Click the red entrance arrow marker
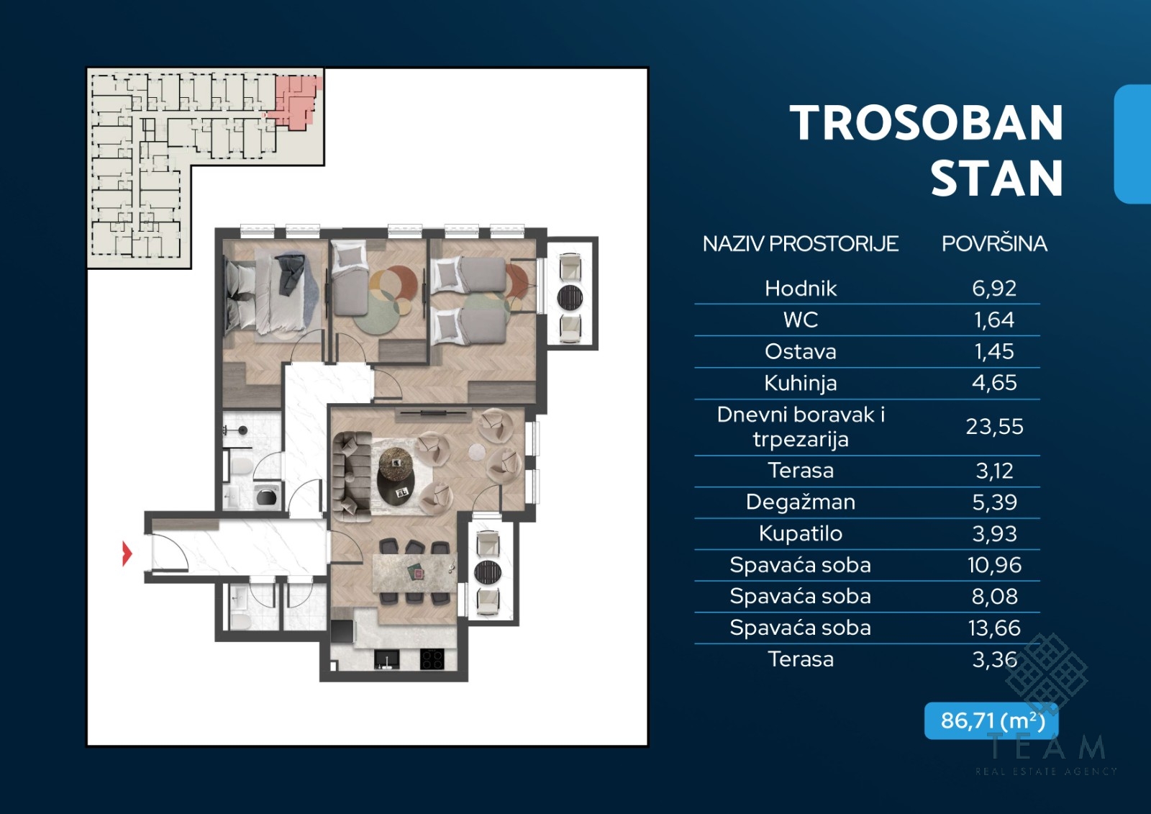point(127,553)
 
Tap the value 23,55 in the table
point(994,427)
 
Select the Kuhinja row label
point(801,384)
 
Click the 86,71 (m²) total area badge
point(991,720)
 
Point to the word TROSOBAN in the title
point(927,123)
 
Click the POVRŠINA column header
point(994,244)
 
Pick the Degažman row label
point(801,502)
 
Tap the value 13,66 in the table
point(994,628)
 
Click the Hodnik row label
point(801,289)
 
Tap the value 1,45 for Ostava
point(994,352)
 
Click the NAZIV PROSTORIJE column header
point(801,244)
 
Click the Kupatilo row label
point(801,534)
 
